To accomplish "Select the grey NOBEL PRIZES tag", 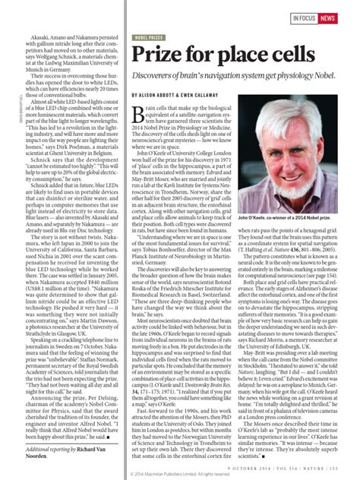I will pyautogui.click(x=150, y=36).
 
